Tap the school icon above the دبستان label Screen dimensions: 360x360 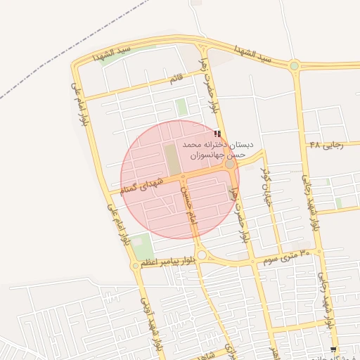pyautogui.click(x=217, y=133)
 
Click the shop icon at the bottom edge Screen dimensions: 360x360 pyautogui.click(x=333, y=349)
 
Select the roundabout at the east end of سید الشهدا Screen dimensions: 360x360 pyautogui.click(x=294, y=66)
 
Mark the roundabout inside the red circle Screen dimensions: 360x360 pyautogui.click(x=229, y=165)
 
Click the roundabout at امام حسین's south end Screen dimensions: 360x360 pyautogui.click(x=202, y=255)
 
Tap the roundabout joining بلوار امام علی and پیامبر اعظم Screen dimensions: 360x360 pyautogui.click(x=136, y=265)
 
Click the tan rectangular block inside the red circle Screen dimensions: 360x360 pyautogui.click(x=172, y=157)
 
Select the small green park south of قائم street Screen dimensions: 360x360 pyautogui.click(x=182, y=107)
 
